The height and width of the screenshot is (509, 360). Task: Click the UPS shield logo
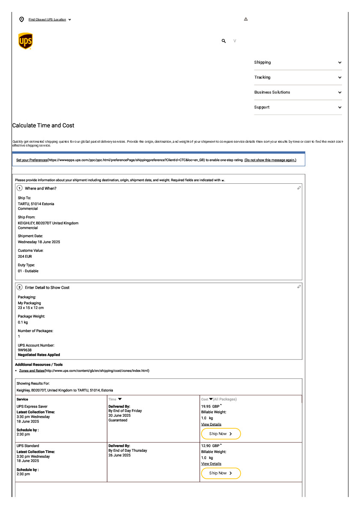(26, 41)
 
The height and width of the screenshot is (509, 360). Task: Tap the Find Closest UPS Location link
(47, 20)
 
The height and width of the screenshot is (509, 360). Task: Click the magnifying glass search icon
(224, 41)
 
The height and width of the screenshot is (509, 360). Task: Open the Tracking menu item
(263, 77)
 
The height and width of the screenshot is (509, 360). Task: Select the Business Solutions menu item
(272, 92)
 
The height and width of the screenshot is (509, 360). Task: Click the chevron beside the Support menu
(339, 107)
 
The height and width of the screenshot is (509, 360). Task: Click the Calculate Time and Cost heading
(43, 126)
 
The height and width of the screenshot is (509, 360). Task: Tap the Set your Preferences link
(32, 160)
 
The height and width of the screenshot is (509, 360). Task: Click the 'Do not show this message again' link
(270, 160)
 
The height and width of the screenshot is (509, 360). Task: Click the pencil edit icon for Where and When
(299, 188)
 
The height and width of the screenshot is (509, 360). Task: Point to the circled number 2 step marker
(19, 287)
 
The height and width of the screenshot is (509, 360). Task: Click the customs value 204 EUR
(25, 256)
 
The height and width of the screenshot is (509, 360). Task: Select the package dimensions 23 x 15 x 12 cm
(31, 308)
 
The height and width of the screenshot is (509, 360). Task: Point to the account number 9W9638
(25, 350)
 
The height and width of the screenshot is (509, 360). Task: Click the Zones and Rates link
(32, 371)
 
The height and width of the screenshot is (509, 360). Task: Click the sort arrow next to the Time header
(120, 399)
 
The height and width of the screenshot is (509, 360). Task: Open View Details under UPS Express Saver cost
(211, 424)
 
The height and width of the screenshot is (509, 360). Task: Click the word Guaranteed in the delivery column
(118, 420)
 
